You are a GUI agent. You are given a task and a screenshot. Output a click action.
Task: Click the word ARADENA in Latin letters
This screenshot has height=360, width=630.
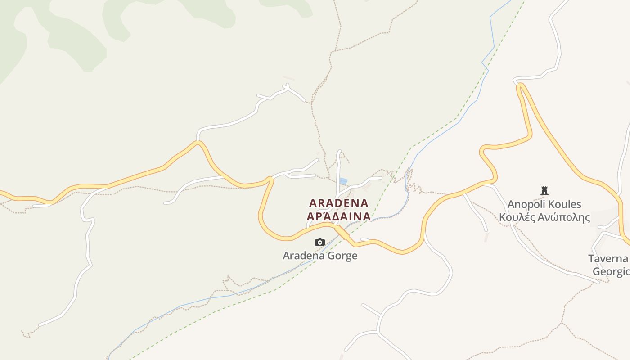tap(339, 203)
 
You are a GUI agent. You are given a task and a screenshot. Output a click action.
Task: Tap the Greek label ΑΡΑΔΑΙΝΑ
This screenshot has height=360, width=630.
tap(339, 216)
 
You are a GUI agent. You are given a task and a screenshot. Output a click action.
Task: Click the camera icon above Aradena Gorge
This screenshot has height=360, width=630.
tap(320, 243)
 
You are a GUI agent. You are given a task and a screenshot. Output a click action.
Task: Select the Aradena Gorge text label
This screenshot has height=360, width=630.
tap(320, 256)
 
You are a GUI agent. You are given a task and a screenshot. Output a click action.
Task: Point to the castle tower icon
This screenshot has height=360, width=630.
tap(544, 191)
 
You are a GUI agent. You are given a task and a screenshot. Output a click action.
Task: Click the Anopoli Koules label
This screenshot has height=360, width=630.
tap(544, 204)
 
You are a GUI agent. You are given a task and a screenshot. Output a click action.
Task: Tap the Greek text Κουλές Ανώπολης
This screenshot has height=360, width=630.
tap(544, 218)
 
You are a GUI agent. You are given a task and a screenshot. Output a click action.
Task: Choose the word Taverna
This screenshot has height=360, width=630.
tap(608, 258)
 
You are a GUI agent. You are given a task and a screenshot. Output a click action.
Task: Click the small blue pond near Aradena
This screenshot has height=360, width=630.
tap(343, 181)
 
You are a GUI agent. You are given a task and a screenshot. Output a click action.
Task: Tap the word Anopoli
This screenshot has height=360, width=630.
tap(526, 204)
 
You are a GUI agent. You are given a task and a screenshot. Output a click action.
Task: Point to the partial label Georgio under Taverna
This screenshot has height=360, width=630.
tap(611, 272)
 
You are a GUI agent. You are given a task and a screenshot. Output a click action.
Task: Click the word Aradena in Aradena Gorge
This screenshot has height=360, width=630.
tap(304, 256)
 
